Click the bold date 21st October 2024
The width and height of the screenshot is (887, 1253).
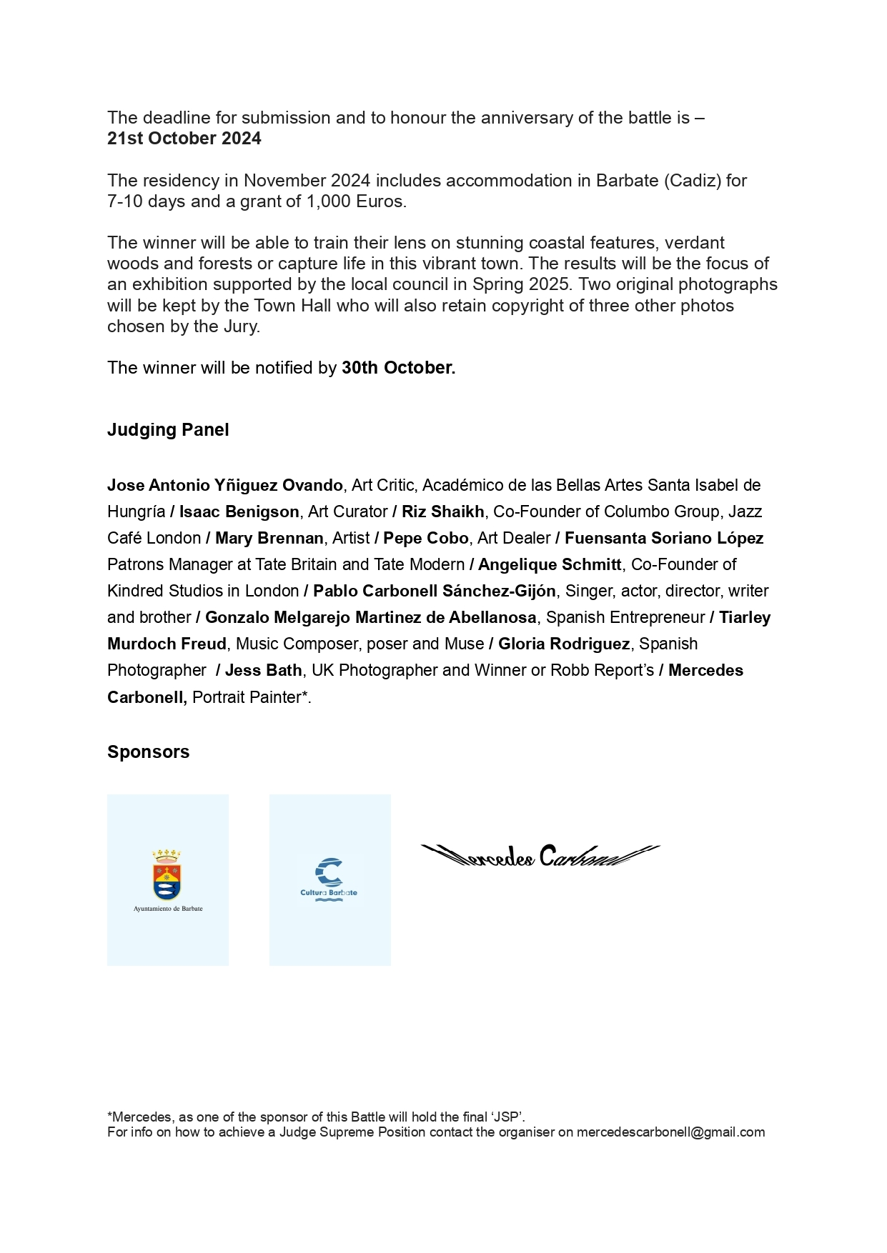click(184, 139)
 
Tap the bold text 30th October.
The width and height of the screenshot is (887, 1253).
click(398, 368)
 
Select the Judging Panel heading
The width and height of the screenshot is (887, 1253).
click(168, 430)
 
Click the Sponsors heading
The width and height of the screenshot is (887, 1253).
click(148, 752)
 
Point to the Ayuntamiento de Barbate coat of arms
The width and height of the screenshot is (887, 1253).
click(167, 875)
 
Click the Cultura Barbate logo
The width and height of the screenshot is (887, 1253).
click(329, 879)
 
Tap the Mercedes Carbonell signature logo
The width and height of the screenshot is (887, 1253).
click(540, 855)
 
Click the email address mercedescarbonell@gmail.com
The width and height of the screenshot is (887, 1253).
click(670, 1132)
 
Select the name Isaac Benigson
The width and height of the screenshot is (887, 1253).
click(239, 512)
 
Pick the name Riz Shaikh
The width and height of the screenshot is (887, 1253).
click(443, 512)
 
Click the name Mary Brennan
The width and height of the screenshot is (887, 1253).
click(269, 539)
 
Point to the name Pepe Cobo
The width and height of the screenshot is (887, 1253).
click(426, 539)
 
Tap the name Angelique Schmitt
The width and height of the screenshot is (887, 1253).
click(550, 565)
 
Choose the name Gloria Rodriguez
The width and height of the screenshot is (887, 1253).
click(564, 644)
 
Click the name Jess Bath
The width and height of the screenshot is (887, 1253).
click(264, 671)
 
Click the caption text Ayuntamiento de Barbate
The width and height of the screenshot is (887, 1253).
click(168, 909)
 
